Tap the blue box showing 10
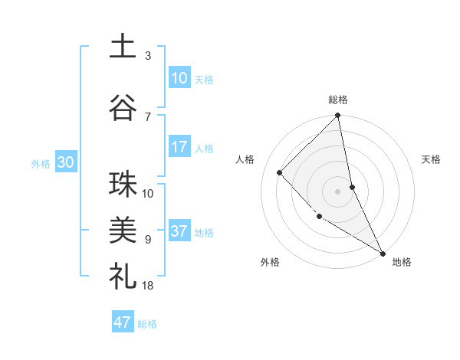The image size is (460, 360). click(x=179, y=78)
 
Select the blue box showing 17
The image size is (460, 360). click(x=179, y=147)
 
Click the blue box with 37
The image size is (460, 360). click(x=179, y=231)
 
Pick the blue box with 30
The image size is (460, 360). click(x=65, y=162)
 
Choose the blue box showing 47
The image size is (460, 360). click(x=123, y=322)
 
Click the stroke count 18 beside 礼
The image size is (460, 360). click(x=148, y=286)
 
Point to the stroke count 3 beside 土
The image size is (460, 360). click(x=148, y=56)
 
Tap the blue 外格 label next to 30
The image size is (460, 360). click(x=41, y=163)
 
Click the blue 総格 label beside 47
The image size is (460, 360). click(x=147, y=323)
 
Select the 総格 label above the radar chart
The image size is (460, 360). click(x=338, y=100)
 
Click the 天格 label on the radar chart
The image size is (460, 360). click(x=432, y=159)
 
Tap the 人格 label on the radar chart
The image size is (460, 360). click(x=245, y=159)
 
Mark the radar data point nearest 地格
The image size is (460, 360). click(x=383, y=253)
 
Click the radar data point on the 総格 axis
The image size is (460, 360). click(x=338, y=116)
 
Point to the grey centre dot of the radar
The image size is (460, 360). click(x=338, y=191)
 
